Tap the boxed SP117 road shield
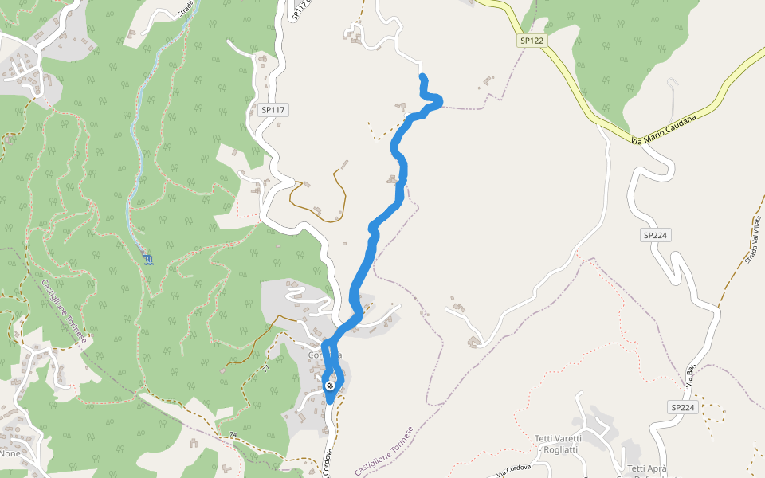point(272,109)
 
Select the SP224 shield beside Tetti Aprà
point(682,407)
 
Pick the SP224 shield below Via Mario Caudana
point(654,235)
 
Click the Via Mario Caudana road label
point(664,129)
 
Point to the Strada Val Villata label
point(753,238)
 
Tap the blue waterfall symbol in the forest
point(148,259)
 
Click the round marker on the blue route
point(330,386)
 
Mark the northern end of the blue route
point(422,76)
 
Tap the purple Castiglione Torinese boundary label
point(386,452)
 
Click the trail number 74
point(233,434)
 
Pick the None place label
point(10,453)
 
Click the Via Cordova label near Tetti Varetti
point(511,471)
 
